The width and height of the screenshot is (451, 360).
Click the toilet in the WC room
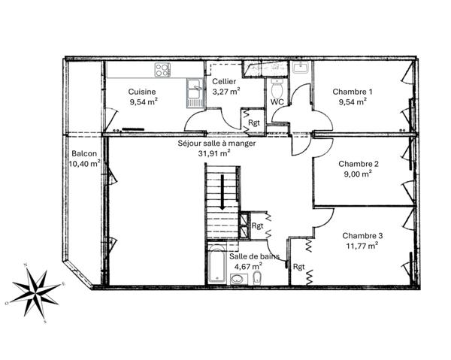tap(276, 85)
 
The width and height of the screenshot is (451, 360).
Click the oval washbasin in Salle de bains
tap(238, 280)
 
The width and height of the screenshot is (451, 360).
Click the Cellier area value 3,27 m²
tap(225, 91)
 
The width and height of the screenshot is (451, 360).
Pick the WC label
tap(277, 101)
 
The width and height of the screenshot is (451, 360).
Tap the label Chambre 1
tap(353, 92)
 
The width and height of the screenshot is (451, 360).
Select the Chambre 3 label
tap(359, 234)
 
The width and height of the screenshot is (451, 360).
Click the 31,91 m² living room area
tap(213, 153)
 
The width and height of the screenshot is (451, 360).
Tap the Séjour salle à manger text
tap(216, 143)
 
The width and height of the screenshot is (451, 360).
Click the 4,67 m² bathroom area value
tap(247, 265)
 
